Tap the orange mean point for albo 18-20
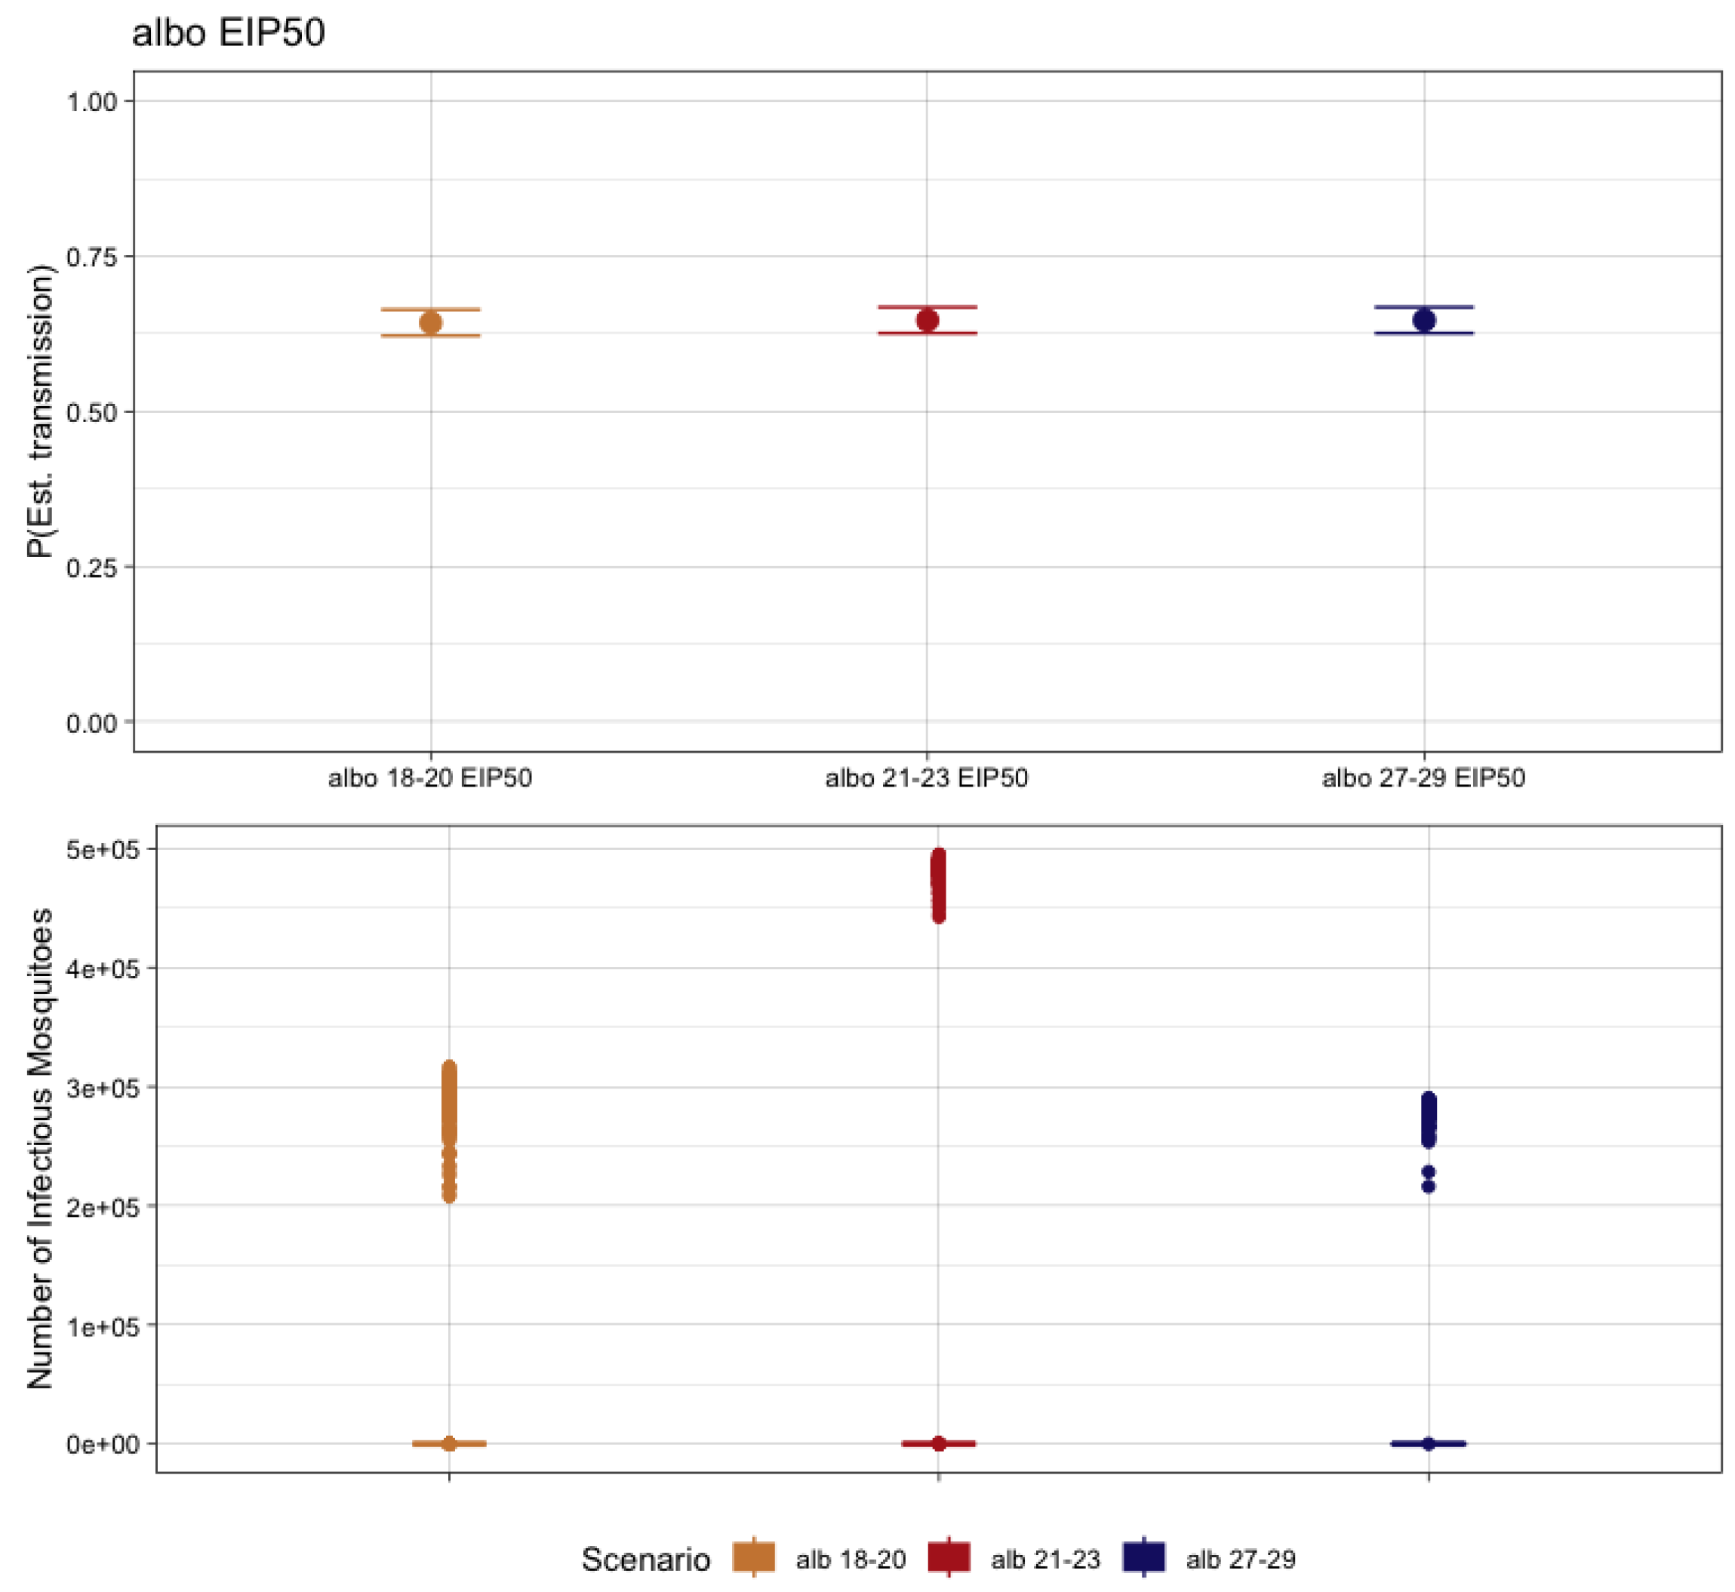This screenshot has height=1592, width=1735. (430, 323)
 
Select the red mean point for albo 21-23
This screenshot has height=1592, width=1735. (927, 321)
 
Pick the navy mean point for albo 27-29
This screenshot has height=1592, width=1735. (1424, 321)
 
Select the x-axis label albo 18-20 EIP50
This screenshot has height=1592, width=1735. (430, 779)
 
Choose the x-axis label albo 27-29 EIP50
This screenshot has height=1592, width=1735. (1424, 779)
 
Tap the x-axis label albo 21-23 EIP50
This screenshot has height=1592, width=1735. (927, 779)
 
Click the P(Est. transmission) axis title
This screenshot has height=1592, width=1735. (39, 412)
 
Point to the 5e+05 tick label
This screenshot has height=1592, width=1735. (103, 850)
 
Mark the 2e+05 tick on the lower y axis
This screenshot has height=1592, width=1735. (103, 1207)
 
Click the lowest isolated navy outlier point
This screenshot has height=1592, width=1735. (1429, 1187)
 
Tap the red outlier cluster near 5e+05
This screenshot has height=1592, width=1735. (939, 885)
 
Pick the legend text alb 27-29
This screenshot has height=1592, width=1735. (1241, 1560)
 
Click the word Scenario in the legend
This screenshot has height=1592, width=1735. (646, 1560)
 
